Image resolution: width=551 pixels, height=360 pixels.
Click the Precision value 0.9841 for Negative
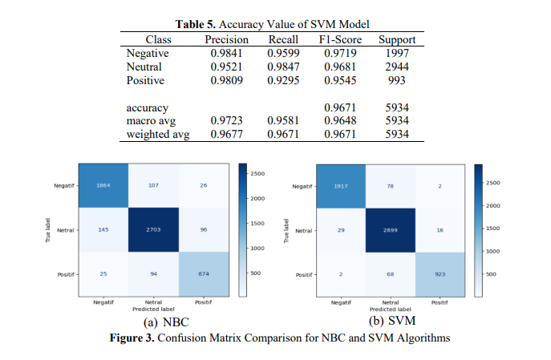[226, 53]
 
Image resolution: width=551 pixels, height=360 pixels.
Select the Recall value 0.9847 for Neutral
[282, 67]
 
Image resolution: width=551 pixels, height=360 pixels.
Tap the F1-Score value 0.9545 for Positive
[340, 80]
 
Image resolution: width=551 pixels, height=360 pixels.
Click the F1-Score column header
[340, 39]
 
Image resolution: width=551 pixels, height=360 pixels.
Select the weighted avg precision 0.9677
[226, 134]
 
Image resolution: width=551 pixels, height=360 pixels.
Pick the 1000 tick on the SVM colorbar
[492, 251]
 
